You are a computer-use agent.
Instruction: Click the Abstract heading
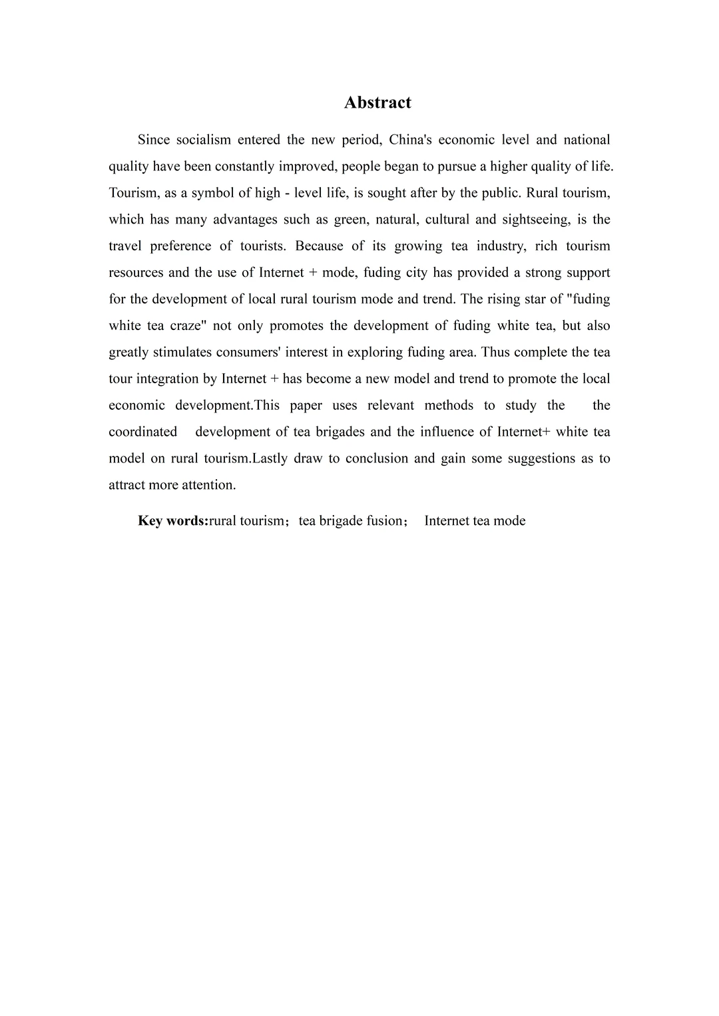click(377, 102)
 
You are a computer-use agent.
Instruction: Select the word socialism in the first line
click(204, 140)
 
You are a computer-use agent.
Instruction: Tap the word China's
click(411, 140)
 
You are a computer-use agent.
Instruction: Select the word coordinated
click(143, 432)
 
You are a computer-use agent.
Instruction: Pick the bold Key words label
click(173, 521)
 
